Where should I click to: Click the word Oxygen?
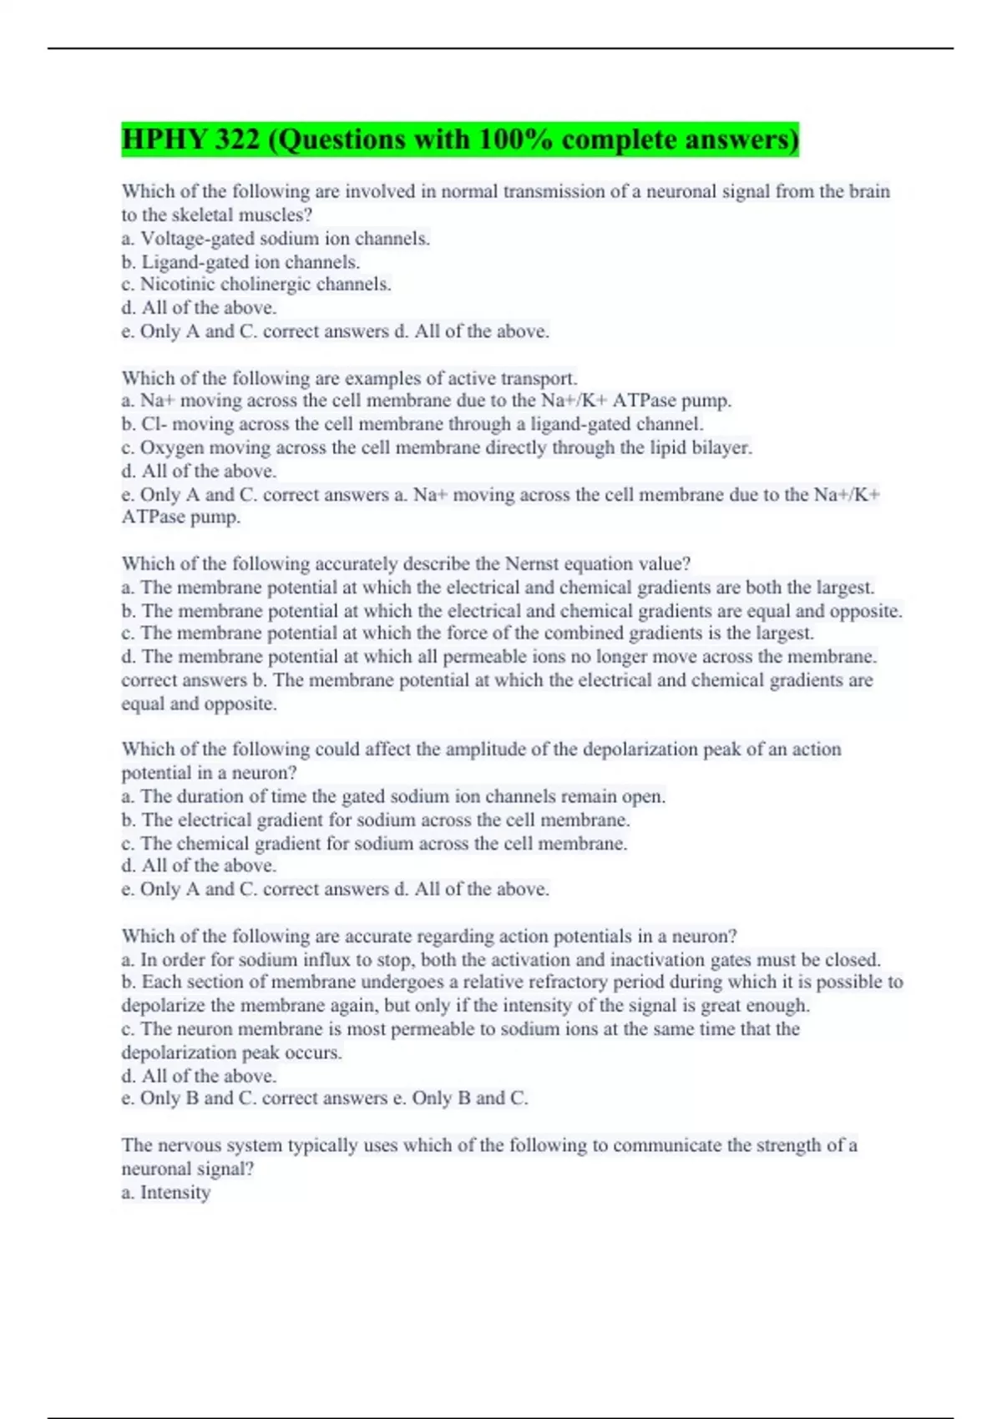(x=170, y=448)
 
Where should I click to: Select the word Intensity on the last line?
(x=175, y=1193)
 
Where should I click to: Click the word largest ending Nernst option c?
(x=784, y=634)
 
